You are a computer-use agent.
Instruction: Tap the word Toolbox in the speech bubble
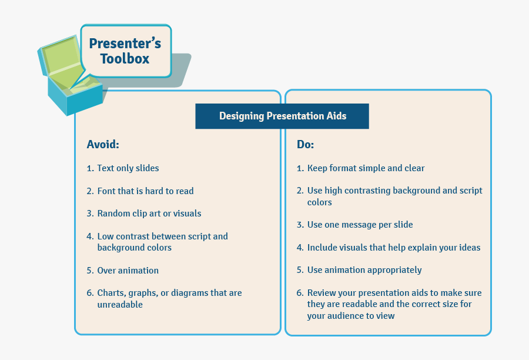tap(125, 59)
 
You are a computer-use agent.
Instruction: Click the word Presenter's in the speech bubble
tap(125, 43)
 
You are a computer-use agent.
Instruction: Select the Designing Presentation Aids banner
tap(282, 116)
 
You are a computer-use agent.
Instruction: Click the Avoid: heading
tap(103, 145)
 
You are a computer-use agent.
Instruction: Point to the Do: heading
tap(305, 145)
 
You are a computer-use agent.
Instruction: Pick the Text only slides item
tap(128, 168)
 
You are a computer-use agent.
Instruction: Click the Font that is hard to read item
tap(145, 191)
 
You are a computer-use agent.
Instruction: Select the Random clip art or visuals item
tap(149, 214)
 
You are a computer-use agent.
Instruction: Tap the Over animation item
tap(128, 271)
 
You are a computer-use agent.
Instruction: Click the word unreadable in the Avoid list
tap(120, 305)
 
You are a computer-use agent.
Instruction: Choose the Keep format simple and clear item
tap(366, 168)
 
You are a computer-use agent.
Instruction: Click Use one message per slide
tap(360, 225)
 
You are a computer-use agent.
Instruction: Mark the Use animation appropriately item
tap(364, 270)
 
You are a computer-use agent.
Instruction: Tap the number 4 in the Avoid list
tap(89, 236)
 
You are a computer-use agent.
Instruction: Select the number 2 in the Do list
tap(300, 191)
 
